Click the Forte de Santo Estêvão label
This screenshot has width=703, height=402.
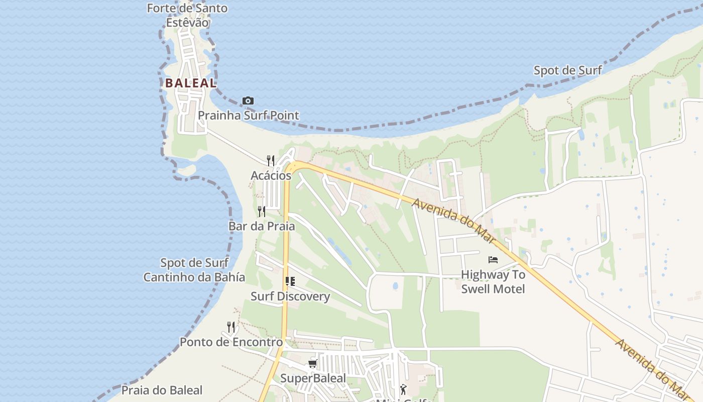click(187, 15)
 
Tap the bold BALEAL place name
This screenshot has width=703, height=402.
click(191, 83)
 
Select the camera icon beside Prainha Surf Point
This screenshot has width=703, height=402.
click(248, 101)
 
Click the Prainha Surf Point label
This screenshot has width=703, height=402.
click(248, 116)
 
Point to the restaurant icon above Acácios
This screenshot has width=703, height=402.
click(270, 160)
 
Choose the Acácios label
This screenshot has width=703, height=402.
click(271, 176)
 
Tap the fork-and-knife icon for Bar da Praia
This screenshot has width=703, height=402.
click(261, 211)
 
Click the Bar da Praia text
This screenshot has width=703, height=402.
click(262, 226)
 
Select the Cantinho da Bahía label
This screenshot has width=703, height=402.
click(194, 277)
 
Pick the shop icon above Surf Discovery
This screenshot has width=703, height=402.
click(290, 281)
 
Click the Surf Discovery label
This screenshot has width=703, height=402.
click(290, 296)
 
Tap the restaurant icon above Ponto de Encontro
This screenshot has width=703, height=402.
click(231, 327)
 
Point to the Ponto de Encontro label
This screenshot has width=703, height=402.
click(231, 342)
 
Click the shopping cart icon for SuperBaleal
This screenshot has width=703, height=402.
click(312, 363)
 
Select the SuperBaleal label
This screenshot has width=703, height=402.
click(313, 378)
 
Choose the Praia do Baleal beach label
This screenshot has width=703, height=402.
click(162, 390)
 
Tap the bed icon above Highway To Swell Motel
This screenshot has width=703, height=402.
click(493, 260)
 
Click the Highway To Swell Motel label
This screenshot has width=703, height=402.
click(493, 282)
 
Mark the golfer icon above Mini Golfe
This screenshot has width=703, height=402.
click(403, 388)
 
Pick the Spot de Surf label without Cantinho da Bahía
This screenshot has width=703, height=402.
click(567, 70)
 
